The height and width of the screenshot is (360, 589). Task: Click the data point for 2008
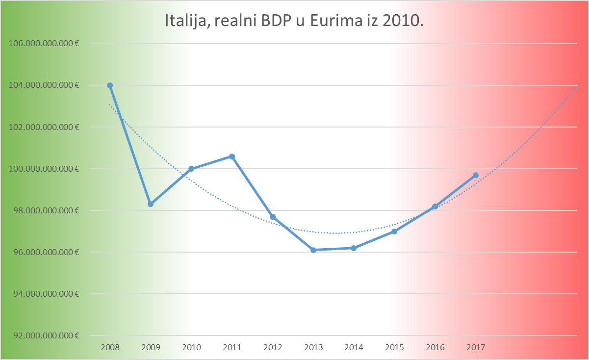110,85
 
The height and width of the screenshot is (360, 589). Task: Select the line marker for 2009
151,204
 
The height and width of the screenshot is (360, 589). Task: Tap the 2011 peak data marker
232,156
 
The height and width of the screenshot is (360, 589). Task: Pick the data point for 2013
313,250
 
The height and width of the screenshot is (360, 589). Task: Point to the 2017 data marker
476,175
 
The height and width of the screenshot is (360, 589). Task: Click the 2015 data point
394,231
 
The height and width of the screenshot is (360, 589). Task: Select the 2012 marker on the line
273,217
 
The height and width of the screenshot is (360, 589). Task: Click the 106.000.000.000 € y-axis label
44,44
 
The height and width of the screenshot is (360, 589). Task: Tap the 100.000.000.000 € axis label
44,169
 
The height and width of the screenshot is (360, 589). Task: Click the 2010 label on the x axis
191,347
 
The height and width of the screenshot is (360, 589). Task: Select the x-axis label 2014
354,347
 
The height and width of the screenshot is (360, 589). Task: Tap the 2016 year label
435,347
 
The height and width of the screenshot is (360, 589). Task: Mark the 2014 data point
354,248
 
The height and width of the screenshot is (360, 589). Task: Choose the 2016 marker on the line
435,206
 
